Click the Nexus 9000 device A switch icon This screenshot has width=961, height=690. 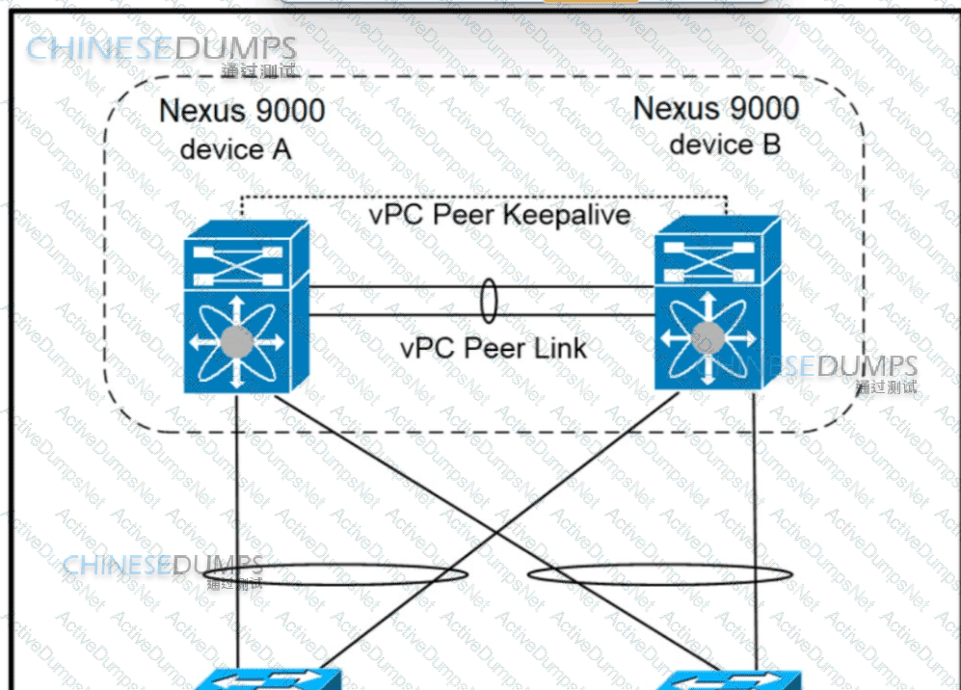(x=246, y=306)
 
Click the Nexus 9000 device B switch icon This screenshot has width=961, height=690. (x=717, y=303)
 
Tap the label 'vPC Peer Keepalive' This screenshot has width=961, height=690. (x=499, y=214)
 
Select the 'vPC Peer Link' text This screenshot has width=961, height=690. (x=494, y=347)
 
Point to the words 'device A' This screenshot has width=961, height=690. (x=235, y=149)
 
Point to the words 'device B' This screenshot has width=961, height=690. (x=724, y=145)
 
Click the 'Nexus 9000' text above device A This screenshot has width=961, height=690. (x=242, y=111)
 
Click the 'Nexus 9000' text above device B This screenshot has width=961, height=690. (x=715, y=108)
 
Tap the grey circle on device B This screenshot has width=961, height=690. (x=708, y=337)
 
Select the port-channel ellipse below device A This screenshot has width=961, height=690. (x=336, y=577)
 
